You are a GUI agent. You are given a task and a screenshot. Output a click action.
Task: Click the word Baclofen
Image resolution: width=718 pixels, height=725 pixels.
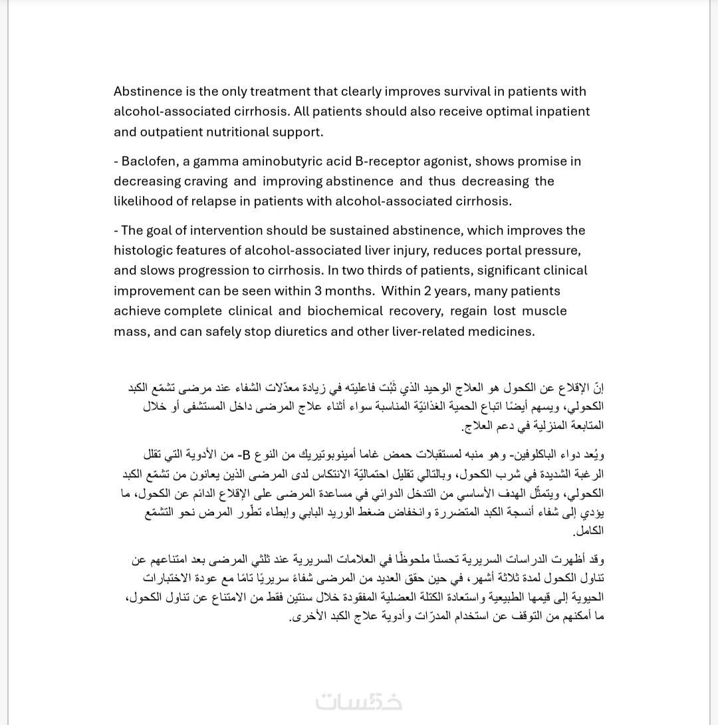coord(147,161)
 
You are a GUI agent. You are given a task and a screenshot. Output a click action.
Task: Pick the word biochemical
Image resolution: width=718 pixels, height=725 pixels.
coord(346,311)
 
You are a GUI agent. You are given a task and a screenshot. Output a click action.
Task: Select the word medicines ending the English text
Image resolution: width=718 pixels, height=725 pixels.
coord(502,331)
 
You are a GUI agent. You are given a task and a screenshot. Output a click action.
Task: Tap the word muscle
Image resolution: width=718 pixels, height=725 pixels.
coord(544,311)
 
